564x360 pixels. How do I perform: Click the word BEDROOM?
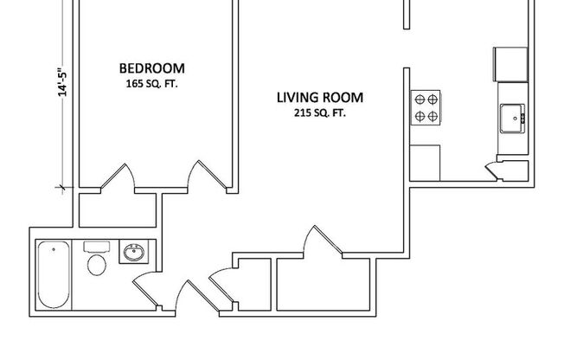pos(151,68)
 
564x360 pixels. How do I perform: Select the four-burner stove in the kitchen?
pos(425,106)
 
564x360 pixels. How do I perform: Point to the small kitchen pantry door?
pos(498,170)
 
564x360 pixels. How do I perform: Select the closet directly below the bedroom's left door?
pos(118,209)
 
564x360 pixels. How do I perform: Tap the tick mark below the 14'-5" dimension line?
pos(62,186)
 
